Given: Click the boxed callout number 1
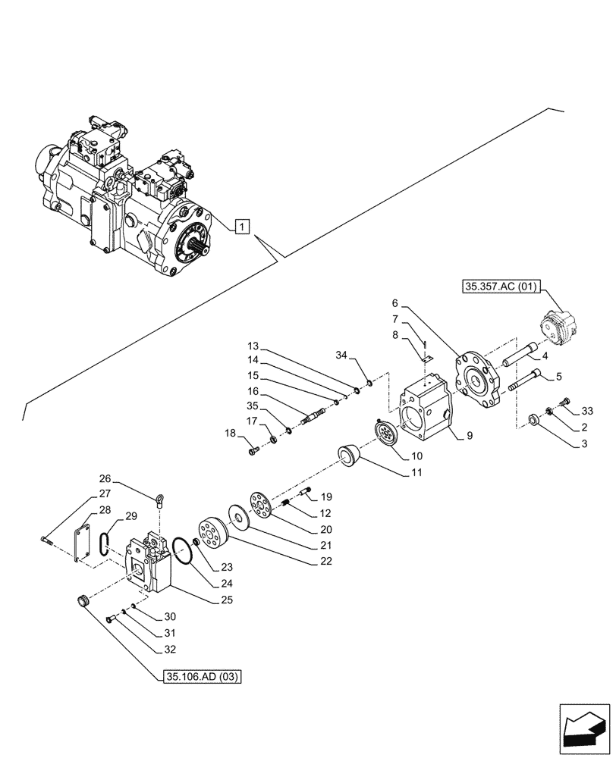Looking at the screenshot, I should pyautogui.click(x=240, y=225).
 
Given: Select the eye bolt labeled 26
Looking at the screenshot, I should pyautogui.click(x=160, y=499).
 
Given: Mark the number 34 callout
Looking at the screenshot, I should pyautogui.click(x=342, y=355).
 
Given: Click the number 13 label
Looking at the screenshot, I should pyautogui.click(x=253, y=346).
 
